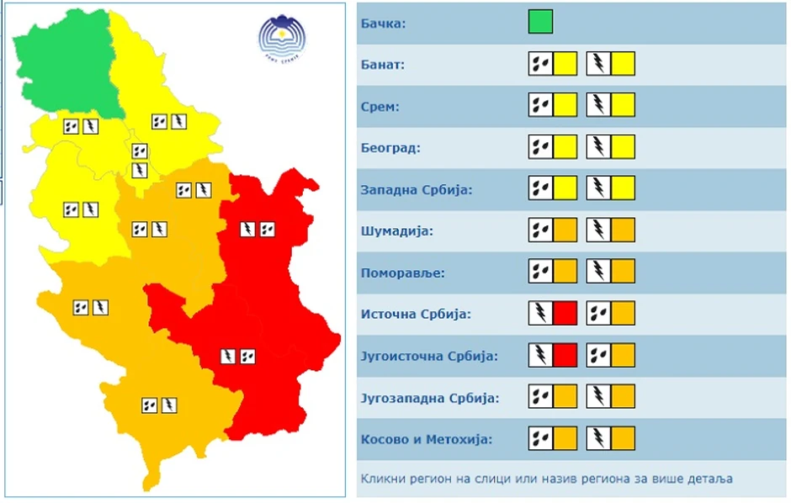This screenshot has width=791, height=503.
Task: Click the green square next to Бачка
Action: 540,22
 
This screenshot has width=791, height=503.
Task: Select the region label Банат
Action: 383,64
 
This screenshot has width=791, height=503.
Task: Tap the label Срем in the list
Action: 380,106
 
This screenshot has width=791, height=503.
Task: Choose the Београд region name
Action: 390,148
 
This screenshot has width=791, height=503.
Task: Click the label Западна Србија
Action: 416,189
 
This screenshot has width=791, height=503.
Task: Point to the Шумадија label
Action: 396,230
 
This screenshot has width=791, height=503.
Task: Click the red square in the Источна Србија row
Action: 565,314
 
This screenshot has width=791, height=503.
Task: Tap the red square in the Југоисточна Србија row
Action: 565,355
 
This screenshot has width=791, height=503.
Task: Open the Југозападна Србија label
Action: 429,397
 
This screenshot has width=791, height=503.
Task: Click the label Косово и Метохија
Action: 426,438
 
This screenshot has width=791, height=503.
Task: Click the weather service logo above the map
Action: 282,38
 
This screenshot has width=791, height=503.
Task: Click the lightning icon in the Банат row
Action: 598,64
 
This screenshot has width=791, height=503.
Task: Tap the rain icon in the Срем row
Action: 540,106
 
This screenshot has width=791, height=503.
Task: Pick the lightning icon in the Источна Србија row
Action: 540,314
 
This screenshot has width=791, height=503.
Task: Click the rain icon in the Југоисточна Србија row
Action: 598,355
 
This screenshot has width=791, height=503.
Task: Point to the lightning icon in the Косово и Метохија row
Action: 598,438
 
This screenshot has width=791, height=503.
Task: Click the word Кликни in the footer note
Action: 383,479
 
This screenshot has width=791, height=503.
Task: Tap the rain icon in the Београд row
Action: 540,148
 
